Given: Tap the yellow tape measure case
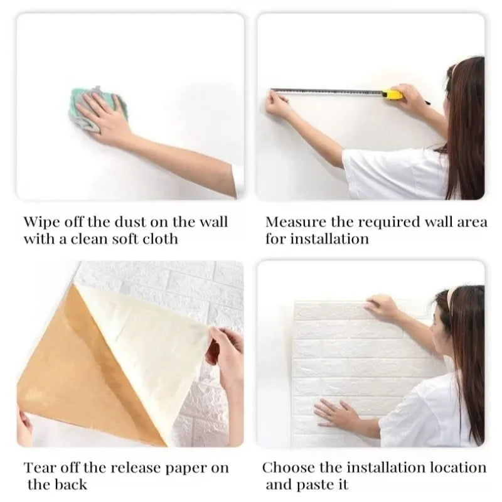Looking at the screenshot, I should (x=392, y=94).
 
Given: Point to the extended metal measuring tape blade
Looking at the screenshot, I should (x=326, y=92).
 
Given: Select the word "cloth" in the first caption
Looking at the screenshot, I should (x=158, y=239).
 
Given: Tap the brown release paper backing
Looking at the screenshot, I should (x=75, y=376).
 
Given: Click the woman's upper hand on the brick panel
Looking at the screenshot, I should (x=382, y=307).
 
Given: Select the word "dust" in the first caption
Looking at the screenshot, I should (x=136, y=222).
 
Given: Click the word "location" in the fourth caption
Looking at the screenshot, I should (x=458, y=467).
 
